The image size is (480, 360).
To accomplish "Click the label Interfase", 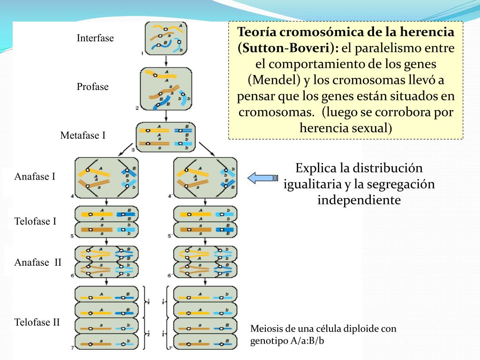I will [95, 38].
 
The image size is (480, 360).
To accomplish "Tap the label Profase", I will [92, 87].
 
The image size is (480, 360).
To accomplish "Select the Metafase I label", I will [83, 135].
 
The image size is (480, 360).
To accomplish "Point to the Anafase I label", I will [35, 177].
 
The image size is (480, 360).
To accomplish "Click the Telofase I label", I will [36, 221].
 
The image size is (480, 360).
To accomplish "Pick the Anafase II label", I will [37, 262].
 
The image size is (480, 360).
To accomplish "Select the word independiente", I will [359, 200].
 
